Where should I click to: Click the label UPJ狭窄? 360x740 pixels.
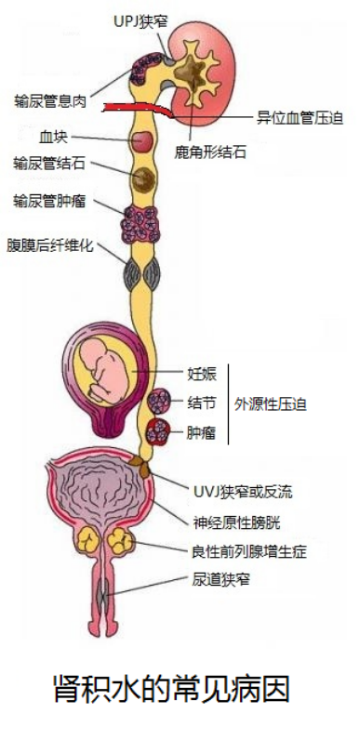tap(140, 21)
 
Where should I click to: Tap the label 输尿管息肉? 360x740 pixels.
tap(50, 101)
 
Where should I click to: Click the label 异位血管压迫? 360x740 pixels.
tap(300, 117)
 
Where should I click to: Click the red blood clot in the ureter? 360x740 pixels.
tap(142, 140)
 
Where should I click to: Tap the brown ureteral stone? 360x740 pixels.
tap(143, 178)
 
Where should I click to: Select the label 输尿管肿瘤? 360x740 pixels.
tap(50, 202)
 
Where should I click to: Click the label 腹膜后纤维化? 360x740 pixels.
tap(50, 245)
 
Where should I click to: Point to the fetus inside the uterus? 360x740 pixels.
tap(105, 365)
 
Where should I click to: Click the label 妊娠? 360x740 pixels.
tap(202, 374)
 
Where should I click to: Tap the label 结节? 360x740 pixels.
tap(202, 403)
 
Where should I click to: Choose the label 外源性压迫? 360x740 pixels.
tap(271, 404)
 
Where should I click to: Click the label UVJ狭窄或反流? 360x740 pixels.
tap(243, 492)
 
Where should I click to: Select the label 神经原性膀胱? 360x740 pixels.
tap(236, 522)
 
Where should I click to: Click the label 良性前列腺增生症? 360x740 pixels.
tap(249, 550)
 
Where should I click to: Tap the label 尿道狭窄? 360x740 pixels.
tap(220, 579)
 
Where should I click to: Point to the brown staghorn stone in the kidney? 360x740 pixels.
tap(193, 70)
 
